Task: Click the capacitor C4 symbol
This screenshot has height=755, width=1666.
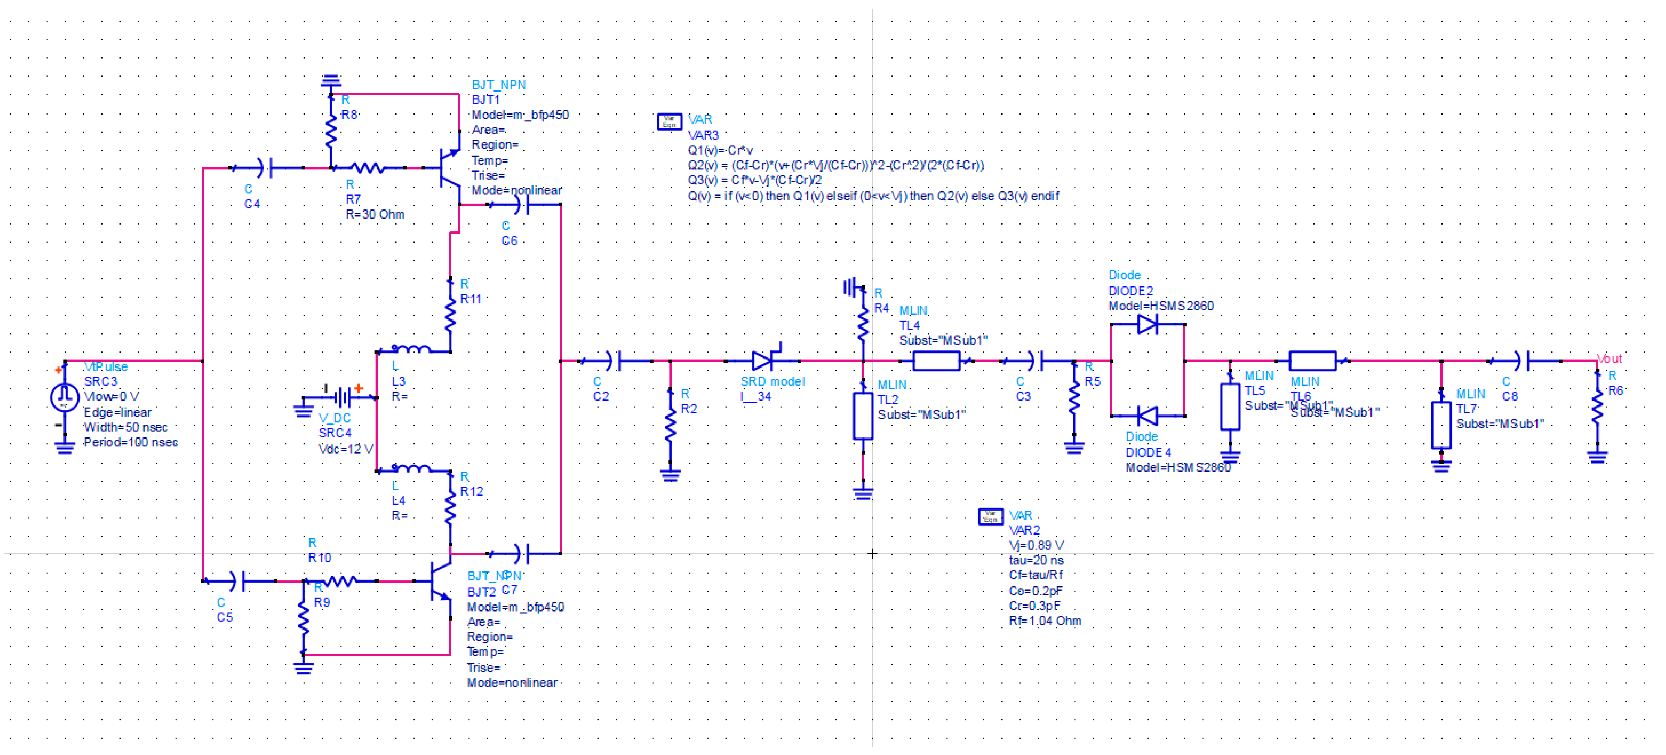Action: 265,168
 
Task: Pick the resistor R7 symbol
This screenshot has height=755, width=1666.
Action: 369,168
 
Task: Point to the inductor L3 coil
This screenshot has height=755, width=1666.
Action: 411,350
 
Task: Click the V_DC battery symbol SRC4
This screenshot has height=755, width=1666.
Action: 343,396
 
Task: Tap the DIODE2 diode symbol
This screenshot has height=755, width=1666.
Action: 1147,324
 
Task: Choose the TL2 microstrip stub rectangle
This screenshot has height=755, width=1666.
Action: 863,416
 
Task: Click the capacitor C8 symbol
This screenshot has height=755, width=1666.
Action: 1523,361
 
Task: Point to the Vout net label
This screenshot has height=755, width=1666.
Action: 1609,359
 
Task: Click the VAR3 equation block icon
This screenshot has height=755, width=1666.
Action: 669,121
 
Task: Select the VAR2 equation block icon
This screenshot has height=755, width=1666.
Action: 990,517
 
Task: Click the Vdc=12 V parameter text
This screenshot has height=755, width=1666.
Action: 345,449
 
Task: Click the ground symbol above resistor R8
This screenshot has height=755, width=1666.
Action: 330,81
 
